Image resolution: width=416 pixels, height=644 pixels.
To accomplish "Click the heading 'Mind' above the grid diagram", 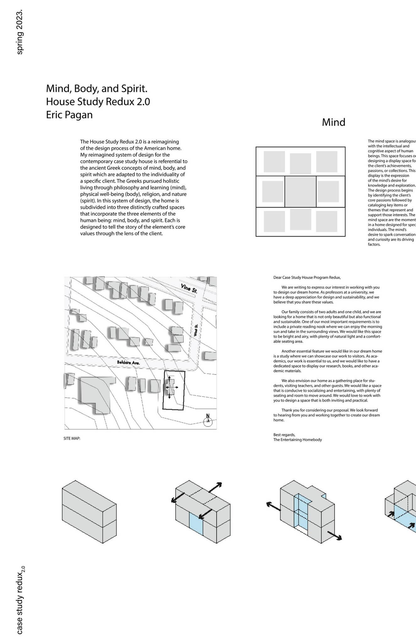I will (333, 122).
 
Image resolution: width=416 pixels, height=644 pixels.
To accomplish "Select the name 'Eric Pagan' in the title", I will (69, 115).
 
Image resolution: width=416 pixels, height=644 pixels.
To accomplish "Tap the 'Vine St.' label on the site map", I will (189, 288).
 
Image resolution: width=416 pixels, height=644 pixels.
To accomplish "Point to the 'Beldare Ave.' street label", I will (128, 363).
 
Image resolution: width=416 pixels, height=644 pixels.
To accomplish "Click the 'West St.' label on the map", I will (196, 330).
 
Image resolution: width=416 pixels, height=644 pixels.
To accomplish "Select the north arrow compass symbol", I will (208, 421).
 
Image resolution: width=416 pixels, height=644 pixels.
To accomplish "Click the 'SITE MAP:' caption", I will (72, 438).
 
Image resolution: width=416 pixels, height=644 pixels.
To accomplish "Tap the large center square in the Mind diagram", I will (300, 192).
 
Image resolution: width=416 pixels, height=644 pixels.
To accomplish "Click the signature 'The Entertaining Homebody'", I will (297, 440).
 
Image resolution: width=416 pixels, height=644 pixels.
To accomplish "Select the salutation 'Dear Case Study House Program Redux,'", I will (307, 277).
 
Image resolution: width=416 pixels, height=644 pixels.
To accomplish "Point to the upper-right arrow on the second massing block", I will (215, 487).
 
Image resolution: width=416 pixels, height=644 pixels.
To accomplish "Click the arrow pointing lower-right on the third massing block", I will (335, 535).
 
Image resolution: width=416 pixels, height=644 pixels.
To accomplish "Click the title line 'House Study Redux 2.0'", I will (98, 102).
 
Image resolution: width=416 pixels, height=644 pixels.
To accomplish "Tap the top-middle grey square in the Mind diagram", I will (300, 164).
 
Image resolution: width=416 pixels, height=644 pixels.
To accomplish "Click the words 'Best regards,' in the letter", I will (284, 435).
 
